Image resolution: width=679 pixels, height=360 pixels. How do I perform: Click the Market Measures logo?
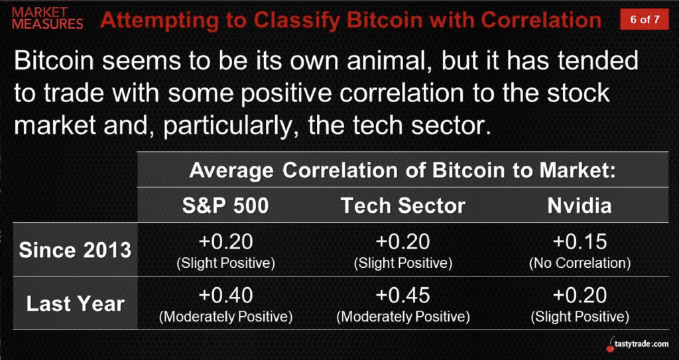click(48, 18)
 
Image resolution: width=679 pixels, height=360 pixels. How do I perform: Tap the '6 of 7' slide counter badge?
click(645, 19)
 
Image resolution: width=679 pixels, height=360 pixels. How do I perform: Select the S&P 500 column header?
click(225, 206)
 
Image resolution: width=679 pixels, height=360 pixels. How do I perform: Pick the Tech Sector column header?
click(403, 206)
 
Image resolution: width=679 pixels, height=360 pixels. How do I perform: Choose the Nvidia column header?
click(580, 206)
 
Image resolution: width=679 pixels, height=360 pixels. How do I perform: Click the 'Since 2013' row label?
click(76, 251)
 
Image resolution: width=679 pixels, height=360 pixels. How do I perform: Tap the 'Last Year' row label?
click(76, 304)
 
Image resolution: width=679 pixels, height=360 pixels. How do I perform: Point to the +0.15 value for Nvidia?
click(580, 242)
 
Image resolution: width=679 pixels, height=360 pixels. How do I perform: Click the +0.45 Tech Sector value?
click(403, 296)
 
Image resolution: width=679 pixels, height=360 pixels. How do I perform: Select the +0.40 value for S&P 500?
click(225, 296)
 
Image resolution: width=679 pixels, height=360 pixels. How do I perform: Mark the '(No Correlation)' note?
click(580, 263)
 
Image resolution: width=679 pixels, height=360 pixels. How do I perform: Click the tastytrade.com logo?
click(637, 344)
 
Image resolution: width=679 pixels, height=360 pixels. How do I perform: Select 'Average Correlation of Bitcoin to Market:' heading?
click(402, 171)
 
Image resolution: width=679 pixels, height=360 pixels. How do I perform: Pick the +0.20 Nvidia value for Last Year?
click(580, 296)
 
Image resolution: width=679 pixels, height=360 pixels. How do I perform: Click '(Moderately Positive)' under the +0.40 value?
click(225, 317)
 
